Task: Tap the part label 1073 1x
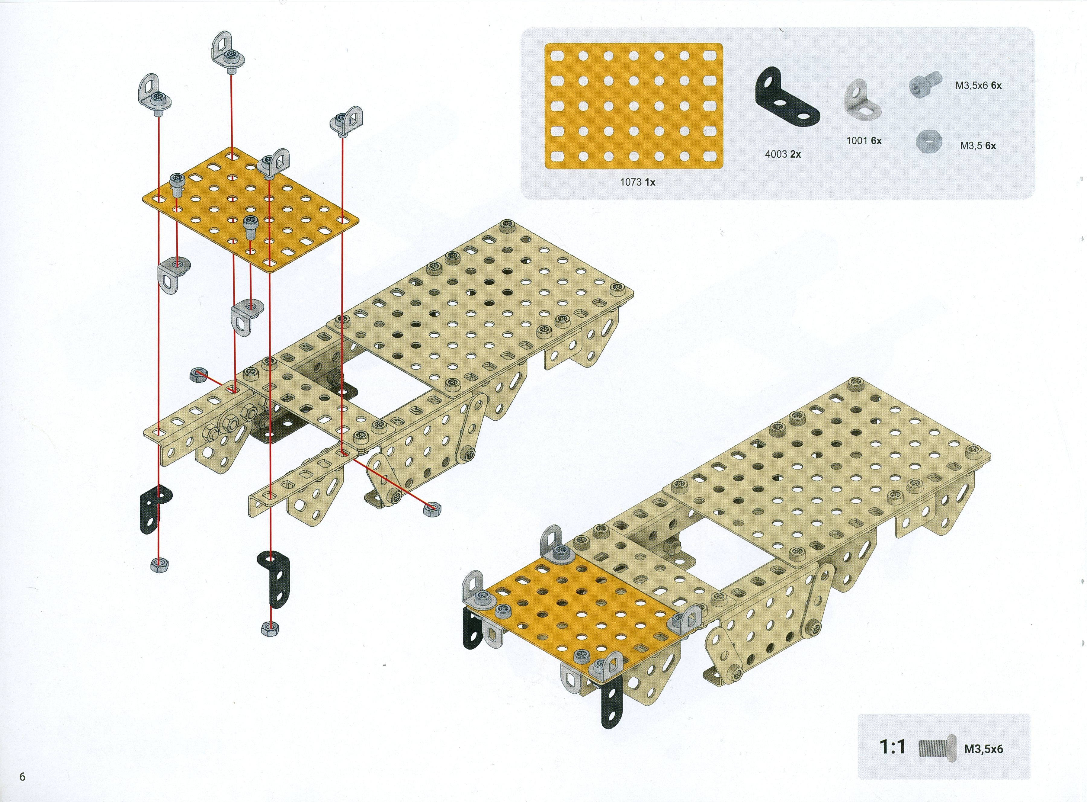pyautogui.click(x=637, y=182)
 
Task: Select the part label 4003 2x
pyautogui.click(x=783, y=154)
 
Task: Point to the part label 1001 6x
pyautogui.click(x=864, y=141)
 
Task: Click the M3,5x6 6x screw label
pyautogui.click(x=978, y=85)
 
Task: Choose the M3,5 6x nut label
pyautogui.click(x=978, y=146)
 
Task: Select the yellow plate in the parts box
pyautogui.click(x=633, y=106)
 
